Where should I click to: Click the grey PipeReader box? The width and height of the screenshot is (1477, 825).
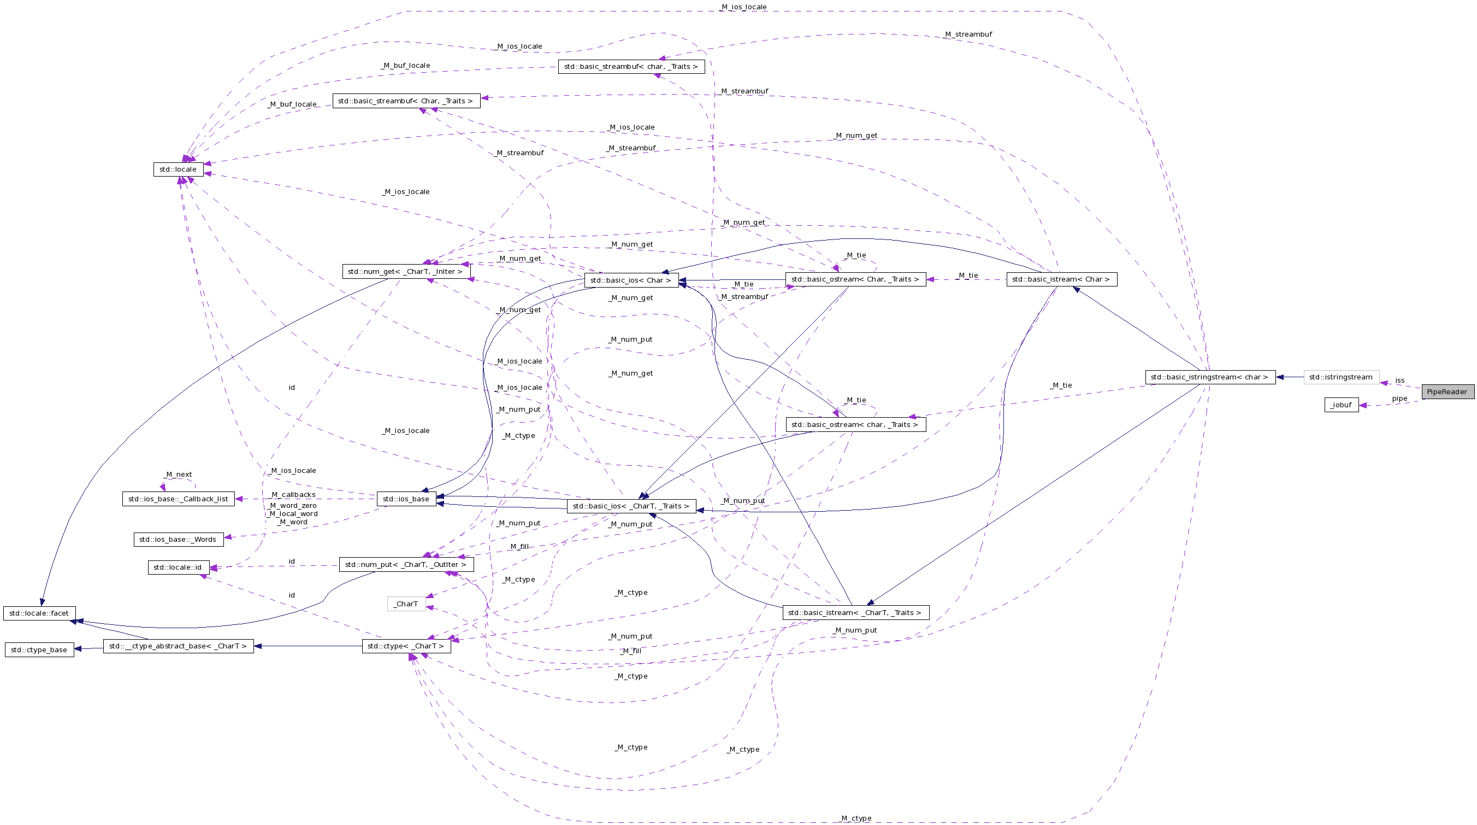pyautogui.click(x=1447, y=392)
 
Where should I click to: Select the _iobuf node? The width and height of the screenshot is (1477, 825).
pyautogui.click(x=1341, y=405)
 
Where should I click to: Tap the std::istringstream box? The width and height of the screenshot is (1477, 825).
pyautogui.click(x=1341, y=377)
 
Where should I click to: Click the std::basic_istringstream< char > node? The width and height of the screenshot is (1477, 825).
pyautogui.click(x=1210, y=377)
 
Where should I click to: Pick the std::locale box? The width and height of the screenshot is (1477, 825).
pyautogui.click(x=178, y=169)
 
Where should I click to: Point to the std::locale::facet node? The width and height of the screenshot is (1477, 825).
pyautogui.click(x=39, y=613)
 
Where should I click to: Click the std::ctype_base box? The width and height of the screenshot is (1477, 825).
pyautogui.click(x=39, y=650)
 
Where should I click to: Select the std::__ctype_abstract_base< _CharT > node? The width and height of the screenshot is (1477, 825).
pyautogui.click(x=178, y=646)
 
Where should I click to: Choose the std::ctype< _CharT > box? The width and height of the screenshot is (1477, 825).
pyautogui.click(x=406, y=646)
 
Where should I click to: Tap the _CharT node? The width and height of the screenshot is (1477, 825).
pyautogui.click(x=406, y=604)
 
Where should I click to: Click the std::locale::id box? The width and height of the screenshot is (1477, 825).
pyautogui.click(x=178, y=567)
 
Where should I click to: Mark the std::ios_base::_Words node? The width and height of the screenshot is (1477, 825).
pyautogui.click(x=178, y=539)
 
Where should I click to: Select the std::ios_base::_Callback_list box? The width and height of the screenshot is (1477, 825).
pyautogui.click(x=178, y=499)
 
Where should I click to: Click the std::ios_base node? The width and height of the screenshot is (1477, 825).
pyautogui.click(x=406, y=499)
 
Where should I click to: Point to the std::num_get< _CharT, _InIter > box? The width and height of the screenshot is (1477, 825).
pyautogui.click(x=405, y=271)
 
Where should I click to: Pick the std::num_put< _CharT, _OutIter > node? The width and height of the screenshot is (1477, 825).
pyautogui.click(x=406, y=565)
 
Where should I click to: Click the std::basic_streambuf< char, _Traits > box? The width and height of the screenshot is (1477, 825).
pyautogui.click(x=631, y=67)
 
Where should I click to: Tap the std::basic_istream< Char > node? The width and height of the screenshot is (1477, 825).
pyautogui.click(x=1061, y=279)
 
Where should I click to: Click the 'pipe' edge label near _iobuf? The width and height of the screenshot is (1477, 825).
pyautogui.click(x=1399, y=399)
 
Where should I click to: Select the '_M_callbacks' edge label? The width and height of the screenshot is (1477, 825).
pyautogui.click(x=293, y=495)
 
